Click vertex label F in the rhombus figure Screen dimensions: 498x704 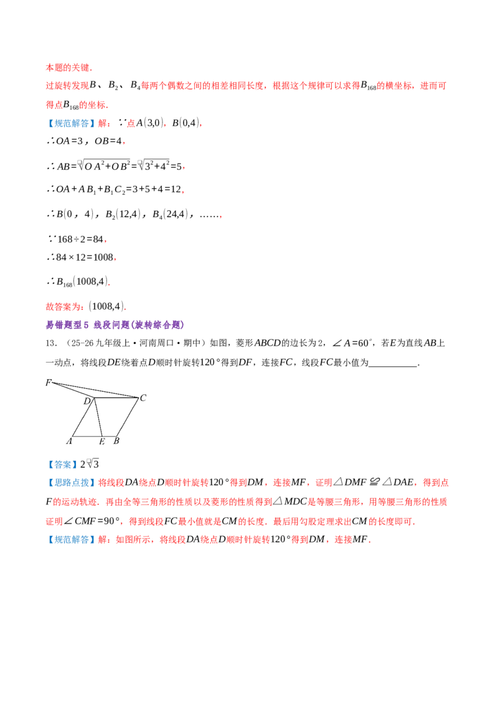tap(48, 382)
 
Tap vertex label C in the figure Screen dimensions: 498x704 tap(143, 398)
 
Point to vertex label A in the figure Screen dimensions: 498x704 tap(68, 442)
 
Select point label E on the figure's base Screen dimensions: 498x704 tap(102, 442)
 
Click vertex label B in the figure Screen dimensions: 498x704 tap(116, 441)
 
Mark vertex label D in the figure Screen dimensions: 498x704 tap(87, 401)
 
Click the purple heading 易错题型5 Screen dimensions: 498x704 tap(67, 325)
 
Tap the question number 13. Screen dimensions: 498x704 tap(51, 343)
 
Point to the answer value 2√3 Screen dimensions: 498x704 tap(90, 464)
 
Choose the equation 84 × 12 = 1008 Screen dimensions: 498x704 tap(85, 257)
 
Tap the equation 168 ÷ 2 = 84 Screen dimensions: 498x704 tap(80, 239)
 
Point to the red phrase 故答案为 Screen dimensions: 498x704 tap(62, 307)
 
